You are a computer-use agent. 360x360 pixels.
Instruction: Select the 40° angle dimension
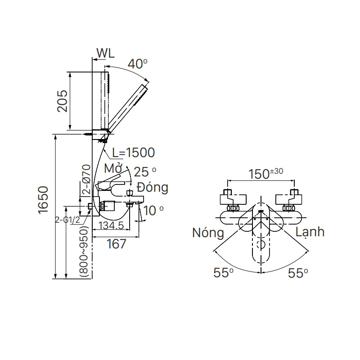click(137, 64)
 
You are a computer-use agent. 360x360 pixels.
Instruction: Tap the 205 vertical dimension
click(62, 101)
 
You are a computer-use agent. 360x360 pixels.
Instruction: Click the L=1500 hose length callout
click(133, 153)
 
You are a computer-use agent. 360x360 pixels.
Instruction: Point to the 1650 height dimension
click(44, 204)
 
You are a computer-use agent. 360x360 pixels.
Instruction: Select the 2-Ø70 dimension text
click(86, 180)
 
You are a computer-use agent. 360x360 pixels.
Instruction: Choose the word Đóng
click(152, 187)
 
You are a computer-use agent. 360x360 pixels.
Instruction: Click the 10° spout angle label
click(154, 210)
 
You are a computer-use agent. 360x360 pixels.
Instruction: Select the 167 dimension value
click(116, 244)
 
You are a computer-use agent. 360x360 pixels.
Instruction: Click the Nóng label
click(207, 233)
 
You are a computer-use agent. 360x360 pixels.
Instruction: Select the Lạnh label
click(310, 232)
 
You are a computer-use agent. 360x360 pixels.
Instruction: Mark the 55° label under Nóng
click(223, 273)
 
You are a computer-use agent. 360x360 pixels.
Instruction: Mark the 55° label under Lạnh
click(298, 273)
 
